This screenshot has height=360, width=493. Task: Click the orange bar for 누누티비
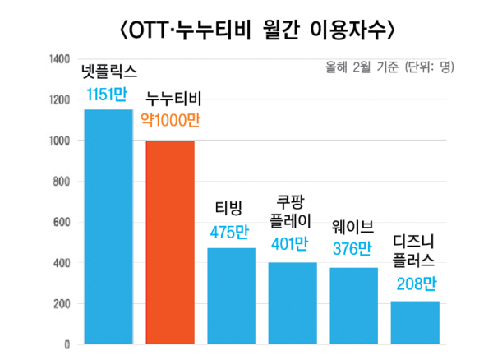coord(170,242)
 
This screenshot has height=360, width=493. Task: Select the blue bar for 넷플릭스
coord(108,227)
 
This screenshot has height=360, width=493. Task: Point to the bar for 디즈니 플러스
coord(415,323)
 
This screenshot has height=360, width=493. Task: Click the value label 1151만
coord(107,95)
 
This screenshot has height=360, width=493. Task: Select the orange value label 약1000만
coord(170,122)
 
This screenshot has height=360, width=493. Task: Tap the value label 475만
coord(230,233)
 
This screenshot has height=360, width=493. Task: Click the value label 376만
coord(353,248)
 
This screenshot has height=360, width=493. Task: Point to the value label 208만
coord(415,285)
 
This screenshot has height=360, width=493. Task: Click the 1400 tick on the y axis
coord(58,60)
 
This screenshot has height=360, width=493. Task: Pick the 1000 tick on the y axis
coord(58,141)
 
